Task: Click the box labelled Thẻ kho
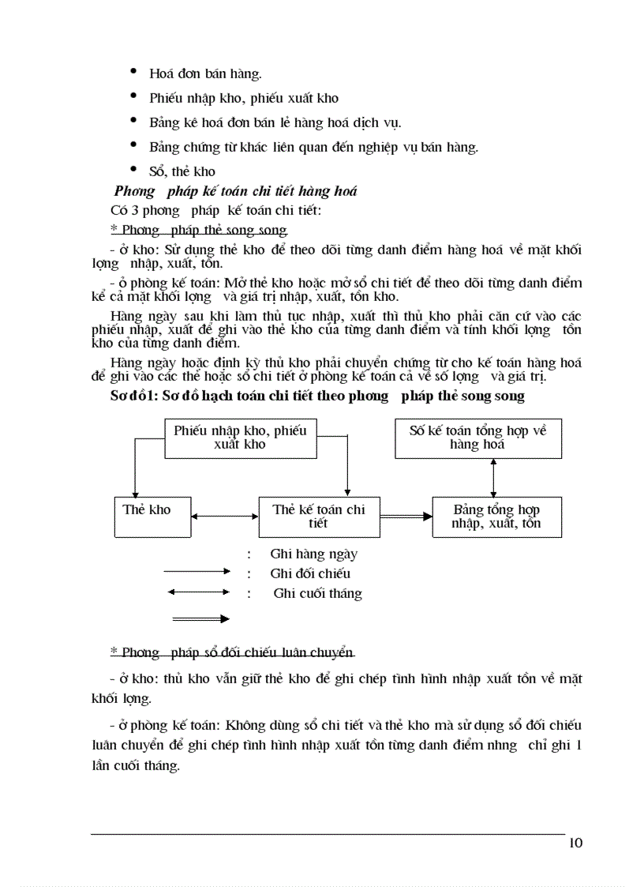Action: [146, 517]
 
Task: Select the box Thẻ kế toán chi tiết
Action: [319, 517]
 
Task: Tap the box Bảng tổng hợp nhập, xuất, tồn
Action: [496, 517]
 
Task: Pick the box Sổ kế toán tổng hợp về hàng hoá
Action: [477, 438]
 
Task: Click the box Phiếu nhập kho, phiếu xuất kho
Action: [240, 438]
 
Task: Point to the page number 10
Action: [575, 843]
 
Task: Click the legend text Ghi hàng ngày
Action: [313, 554]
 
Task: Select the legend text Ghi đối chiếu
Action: [310, 573]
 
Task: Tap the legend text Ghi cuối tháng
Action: [317, 593]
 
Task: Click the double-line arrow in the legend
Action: [196, 618]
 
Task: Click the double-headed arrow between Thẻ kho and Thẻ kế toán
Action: [225, 517]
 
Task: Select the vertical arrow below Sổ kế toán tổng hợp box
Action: [493, 477]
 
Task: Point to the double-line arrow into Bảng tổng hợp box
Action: [406, 516]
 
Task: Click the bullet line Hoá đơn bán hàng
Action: [205, 74]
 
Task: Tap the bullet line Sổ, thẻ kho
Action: [182, 171]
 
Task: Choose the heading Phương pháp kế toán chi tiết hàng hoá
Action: [235, 191]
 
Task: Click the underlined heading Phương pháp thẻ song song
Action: [199, 231]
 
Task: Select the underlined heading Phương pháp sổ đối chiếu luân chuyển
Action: [232, 652]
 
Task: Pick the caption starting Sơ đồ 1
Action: [316, 397]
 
